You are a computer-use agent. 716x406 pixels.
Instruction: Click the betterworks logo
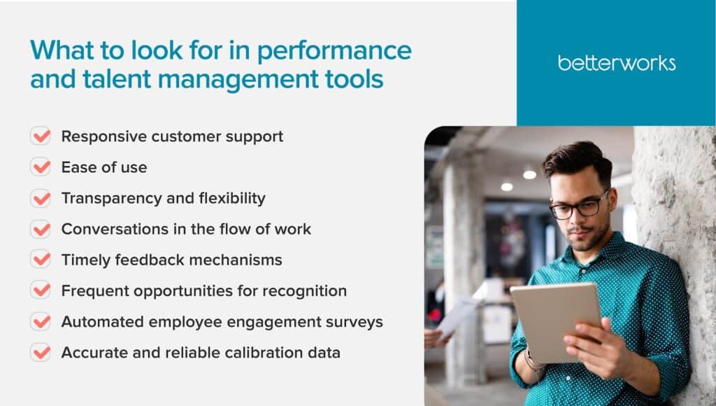(x=617, y=63)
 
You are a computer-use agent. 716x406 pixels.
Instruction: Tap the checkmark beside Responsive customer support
(x=41, y=136)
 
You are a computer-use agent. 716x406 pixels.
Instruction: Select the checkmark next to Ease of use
(x=41, y=167)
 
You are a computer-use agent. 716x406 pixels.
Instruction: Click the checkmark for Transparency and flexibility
(x=41, y=198)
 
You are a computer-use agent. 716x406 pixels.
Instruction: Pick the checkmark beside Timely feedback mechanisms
(x=41, y=259)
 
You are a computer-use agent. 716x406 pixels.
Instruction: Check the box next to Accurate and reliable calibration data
(x=41, y=353)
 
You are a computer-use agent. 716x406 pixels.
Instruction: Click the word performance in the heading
(x=334, y=51)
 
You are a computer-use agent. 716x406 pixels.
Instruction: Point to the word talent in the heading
(x=117, y=78)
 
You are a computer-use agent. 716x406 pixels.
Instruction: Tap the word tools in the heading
(x=355, y=78)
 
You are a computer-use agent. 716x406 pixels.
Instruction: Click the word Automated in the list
(x=103, y=322)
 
